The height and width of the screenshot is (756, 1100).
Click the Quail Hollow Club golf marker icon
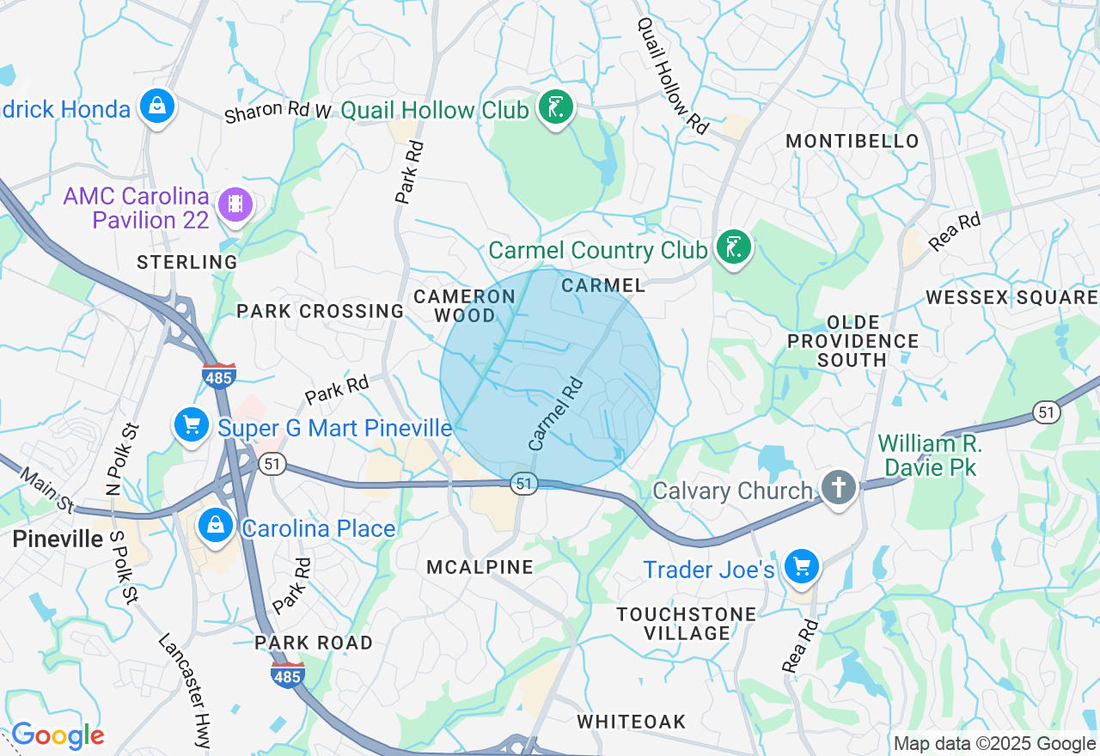556,108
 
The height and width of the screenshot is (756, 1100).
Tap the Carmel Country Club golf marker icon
733,248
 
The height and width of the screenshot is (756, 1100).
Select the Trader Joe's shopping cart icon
802,566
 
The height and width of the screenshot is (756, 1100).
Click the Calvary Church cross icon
838,488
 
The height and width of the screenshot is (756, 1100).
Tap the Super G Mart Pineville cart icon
191,424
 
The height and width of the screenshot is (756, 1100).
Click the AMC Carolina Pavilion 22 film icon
235,204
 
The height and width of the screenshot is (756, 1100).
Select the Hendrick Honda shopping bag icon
157,107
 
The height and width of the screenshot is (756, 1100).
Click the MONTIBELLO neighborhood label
852,141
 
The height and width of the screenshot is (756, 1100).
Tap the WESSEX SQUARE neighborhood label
1011,297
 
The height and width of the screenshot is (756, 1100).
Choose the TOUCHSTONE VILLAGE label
687,624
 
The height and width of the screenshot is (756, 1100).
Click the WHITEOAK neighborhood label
632,722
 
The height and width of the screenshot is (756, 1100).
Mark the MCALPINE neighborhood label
480,567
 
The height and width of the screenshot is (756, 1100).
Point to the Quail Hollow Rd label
672,76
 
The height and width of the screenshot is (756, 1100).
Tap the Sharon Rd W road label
278,112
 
